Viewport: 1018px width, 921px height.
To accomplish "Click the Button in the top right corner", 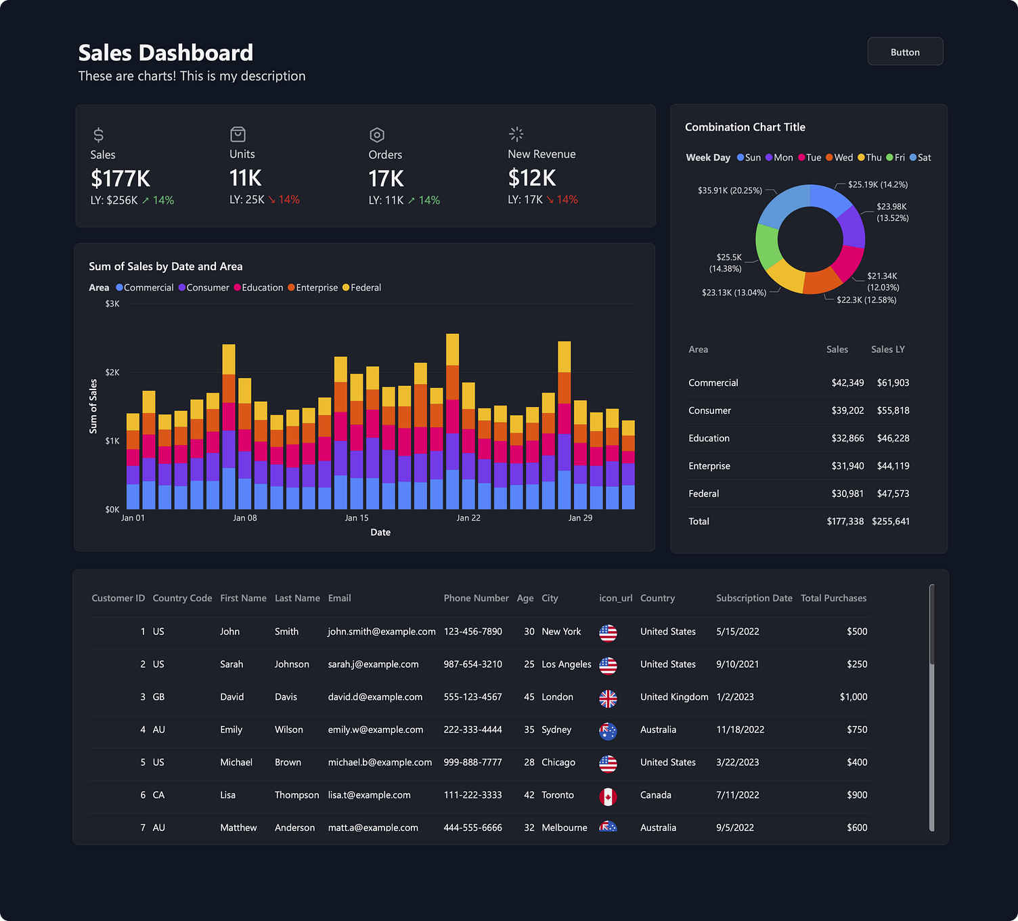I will click(x=905, y=52).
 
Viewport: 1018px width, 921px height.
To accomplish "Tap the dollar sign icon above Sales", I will click(x=99, y=135).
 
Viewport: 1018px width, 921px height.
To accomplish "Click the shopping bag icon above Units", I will click(x=238, y=134).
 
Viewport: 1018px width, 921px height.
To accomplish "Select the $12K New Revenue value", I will click(x=532, y=178).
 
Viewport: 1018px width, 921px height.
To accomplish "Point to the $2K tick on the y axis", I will click(x=112, y=372).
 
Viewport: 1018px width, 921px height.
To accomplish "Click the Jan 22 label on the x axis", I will click(x=468, y=518).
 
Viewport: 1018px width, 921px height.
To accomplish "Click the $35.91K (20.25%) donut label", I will click(x=730, y=191).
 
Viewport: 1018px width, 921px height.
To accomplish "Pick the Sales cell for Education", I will click(x=847, y=438).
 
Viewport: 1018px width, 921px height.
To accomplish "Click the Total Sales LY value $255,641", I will click(x=891, y=521).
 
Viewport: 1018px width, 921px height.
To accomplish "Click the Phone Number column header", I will click(x=476, y=598).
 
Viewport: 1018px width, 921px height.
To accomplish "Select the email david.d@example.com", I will click(x=375, y=697).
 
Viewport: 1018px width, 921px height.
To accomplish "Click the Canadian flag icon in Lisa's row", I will click(x=608, y=796).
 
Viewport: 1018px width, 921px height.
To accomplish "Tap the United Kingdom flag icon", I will click(x=608, y=698).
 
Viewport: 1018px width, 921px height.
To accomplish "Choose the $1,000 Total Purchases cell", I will click(x=853, y=697).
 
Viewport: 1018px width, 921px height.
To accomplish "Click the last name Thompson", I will click(x=296, y=795).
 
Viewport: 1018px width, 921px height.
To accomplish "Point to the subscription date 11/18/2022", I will click(x=740, y=729).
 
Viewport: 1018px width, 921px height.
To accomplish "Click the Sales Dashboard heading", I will click(x=166, y=53).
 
